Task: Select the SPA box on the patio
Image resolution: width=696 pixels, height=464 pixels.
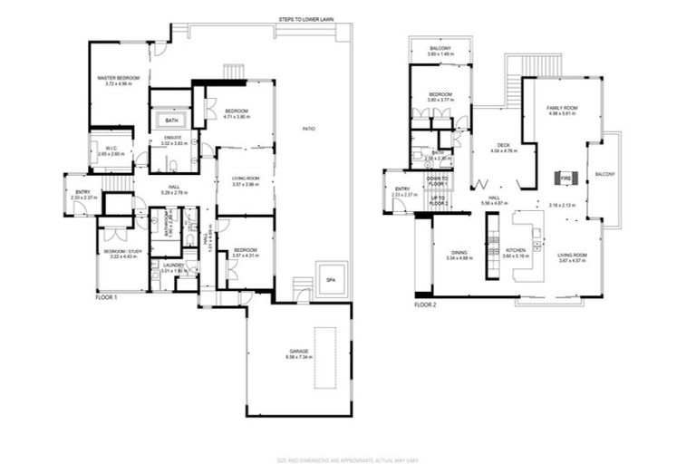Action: click(x=330, y=280)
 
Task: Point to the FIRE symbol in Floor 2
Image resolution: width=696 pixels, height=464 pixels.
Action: click(x=564, y=178)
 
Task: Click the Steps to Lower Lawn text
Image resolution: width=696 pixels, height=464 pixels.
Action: click(x=303, y=20)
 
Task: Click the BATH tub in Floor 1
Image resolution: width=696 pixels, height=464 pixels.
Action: click(x=171, y=121)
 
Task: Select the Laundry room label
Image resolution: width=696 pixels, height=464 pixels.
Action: click(x=173, y=267)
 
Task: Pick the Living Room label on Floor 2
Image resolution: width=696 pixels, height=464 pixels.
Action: click(x=573, y=257)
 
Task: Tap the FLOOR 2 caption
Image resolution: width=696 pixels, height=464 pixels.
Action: click(x=425, y=305)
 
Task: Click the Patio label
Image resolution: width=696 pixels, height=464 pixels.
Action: click(x=309, y=130)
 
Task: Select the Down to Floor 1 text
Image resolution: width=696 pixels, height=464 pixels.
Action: click(x=439, y=182)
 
